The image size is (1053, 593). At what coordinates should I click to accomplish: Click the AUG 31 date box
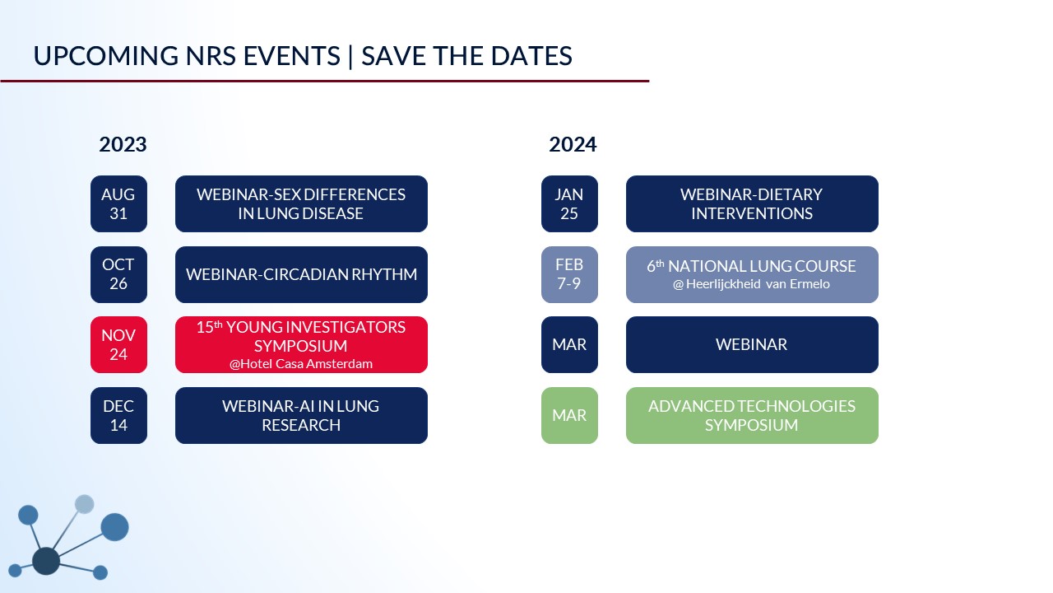pos(118,203)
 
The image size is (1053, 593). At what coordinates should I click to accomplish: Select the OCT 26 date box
pos(118,274)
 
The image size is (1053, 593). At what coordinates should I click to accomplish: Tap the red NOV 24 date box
pos(118,344)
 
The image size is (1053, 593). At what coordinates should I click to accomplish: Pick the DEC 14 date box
pos(118,416)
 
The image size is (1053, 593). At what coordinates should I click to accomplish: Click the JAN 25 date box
pos(569,203)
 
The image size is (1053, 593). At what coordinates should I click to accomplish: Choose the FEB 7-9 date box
pos(569,274)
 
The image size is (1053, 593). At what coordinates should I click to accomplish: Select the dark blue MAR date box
pos(569,344)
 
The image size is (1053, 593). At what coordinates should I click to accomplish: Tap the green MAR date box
pos(569,416)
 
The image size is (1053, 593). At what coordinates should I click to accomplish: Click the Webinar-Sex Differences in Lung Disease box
pos(301,203)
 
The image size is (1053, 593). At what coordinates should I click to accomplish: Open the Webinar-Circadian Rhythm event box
pos(301,274)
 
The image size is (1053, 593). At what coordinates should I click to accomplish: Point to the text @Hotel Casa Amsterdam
pos(301,364)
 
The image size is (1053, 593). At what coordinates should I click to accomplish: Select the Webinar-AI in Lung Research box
pos(301,416)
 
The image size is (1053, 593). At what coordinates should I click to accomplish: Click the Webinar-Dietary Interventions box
pos(752,203)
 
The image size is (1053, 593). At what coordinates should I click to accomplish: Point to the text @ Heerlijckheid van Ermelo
pos(751,284)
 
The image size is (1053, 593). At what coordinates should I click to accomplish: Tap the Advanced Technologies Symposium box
pos(752,416)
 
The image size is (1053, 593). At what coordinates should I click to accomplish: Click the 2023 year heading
pos(123,144)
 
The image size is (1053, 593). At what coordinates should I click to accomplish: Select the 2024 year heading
pos(573,144)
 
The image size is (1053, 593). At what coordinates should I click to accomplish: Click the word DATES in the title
pos(531,56)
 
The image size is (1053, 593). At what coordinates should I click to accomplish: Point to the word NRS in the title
pos(211,56)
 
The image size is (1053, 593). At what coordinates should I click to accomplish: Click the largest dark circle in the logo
pos(46,561)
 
